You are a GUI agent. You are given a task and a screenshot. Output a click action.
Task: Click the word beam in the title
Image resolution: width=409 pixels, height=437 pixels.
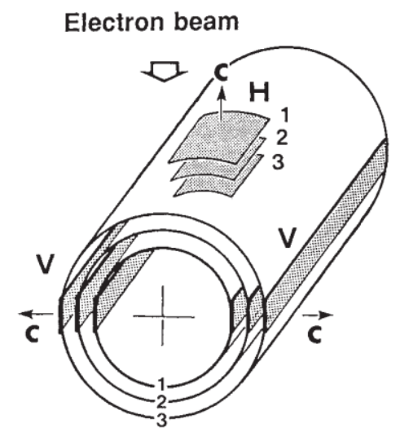pyautogui.click(x=206, y=21)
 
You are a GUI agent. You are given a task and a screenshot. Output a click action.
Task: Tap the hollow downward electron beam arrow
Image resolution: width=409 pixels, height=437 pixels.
pyautogui.click(x=165, y=72)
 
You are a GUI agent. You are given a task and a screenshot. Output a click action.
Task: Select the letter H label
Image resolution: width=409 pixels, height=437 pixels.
pyautogui.click(x=259, y=92)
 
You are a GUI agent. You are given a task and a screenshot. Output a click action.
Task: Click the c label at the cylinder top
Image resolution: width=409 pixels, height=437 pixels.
pyautogui.click(x=222, y=72)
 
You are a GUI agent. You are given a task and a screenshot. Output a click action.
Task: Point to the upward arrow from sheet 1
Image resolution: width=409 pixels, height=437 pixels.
pyautogui.click(x=222, y=103)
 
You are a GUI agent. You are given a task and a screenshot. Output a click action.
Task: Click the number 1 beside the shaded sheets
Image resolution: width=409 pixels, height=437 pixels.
pyautogui.click(x=284, y=115)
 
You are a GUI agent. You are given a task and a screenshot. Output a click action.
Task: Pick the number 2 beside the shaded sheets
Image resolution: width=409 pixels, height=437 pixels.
pyautogui.click(x=282, y=138)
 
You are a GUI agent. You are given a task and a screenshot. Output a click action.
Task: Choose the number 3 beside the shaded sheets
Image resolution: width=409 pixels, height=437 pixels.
pyautogui.click(x=279, y=161)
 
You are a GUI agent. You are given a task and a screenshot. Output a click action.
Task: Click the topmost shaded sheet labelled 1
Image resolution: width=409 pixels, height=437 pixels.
pyautogui.click(x=220, y=137)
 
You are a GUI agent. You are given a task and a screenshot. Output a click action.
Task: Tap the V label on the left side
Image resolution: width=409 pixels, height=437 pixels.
pyautogui.click(x=45, y=263)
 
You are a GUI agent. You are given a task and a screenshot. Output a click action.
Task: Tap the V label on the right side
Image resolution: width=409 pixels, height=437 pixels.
pyautogui.click(x=287, y=237)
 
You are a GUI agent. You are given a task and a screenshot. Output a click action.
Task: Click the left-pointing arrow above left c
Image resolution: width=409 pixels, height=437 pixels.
pyautogui.click(x=36, y=314)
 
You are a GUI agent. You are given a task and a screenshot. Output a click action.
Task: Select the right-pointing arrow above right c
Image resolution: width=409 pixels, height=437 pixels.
pyautogui.click(x=318, y=315)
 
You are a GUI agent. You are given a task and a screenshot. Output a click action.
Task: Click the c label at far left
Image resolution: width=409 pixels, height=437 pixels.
pyautogui.click(x=32, y=333)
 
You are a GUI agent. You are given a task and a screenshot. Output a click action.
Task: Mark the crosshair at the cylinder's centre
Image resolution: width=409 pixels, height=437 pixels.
pyautogui.click(x=163, y=316)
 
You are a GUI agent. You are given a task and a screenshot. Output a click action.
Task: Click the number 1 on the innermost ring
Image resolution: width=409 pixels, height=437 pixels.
pyautogui.click(x=161, y=385)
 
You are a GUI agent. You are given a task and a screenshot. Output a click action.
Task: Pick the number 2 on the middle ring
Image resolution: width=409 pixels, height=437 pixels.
pyautogui.click(x=161, y=401)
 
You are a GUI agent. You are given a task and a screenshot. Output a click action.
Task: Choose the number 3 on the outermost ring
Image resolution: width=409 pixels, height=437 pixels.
pyautogui.click(x=161, y=420)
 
